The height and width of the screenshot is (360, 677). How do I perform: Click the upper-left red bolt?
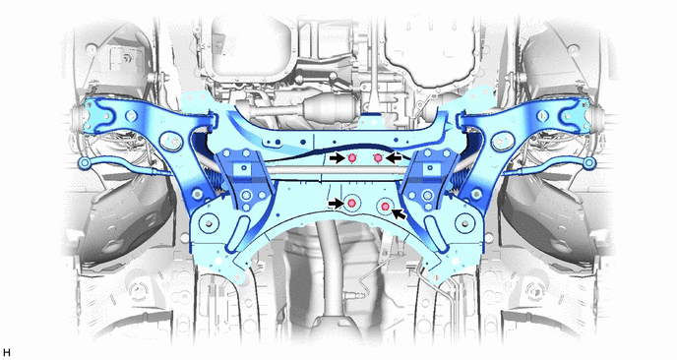click(351, 158)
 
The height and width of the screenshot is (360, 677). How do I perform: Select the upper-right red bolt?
click(378, 158)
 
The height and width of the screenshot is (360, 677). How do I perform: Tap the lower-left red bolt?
click(352, 203)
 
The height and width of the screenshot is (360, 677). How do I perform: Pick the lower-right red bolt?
click(385, 206)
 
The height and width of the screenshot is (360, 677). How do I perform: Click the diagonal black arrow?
click(400, 212)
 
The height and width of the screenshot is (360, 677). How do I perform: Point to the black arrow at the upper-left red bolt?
click(338, 158)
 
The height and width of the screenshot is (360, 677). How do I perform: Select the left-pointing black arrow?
click(394, 158)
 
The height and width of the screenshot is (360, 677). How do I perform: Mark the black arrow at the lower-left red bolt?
click(336, 203)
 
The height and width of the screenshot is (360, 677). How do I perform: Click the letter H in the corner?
click(6, 353)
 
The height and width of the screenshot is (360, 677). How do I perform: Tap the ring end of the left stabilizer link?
click(84, 162)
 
